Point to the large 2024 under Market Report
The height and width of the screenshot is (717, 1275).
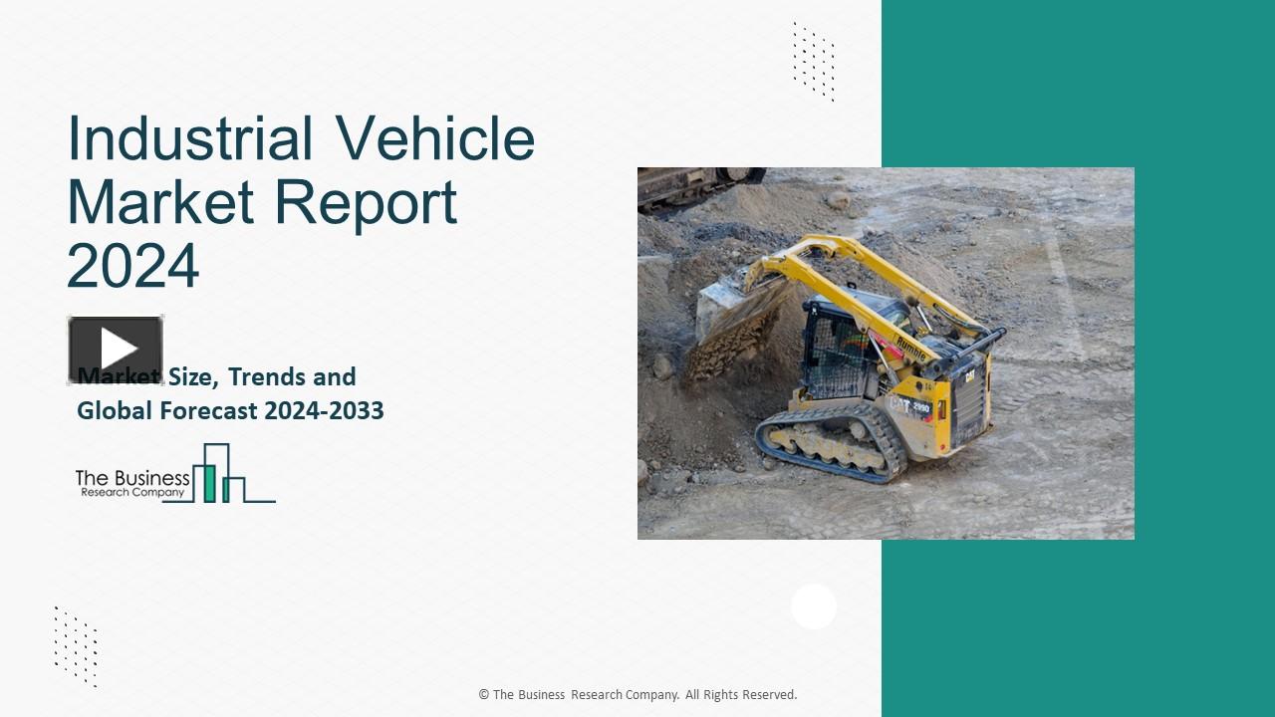point(132,266)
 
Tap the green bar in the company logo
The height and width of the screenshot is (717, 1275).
point(210,482)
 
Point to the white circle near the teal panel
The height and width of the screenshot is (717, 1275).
point(814,606)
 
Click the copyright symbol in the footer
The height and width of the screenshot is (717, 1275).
point(484,695)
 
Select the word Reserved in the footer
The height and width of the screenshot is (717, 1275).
point(767,695)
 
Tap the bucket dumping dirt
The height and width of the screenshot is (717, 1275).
point(732,309)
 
